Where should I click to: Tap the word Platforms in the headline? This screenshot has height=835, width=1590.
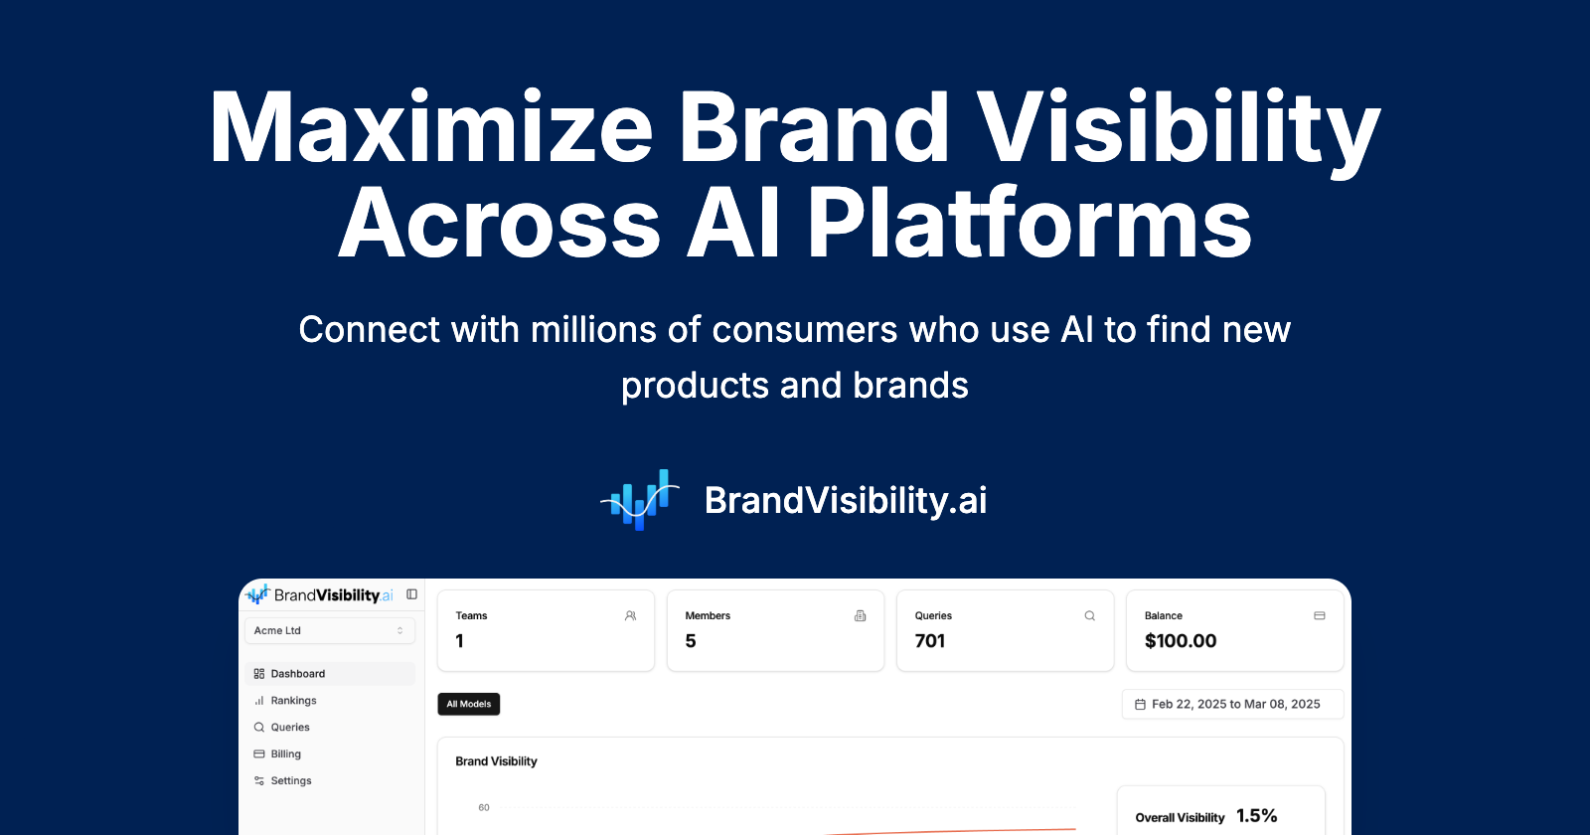click(x=1029, y=224)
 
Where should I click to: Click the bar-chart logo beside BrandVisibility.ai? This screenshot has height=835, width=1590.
click(x=640, y=500)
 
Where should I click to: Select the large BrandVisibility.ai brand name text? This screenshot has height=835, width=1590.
click(x=845, y=501)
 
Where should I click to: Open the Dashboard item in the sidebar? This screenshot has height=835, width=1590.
click(x=297, y=674)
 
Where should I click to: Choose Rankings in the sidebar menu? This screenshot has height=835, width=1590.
click(x=293, y=701)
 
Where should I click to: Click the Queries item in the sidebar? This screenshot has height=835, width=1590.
click(x=290, y=728)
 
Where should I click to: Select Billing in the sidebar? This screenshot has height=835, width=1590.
click(x=285, y=754)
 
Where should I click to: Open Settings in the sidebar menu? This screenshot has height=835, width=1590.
click(x=290, y=781)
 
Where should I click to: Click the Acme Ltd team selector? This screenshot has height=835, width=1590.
click(x=329, y=630)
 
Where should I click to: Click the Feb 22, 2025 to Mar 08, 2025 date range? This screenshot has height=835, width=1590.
click(x=1234, y=704)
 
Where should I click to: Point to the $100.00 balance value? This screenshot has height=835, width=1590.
click(x=1181, y=641)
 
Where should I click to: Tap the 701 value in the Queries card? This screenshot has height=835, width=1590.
click(x=930, y=641)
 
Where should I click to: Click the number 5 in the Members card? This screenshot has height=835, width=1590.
click(x=691, y=641)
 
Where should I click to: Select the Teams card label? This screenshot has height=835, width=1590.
click(x=471, y=616)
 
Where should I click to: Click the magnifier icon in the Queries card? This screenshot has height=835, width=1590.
click(x=1089, y=616)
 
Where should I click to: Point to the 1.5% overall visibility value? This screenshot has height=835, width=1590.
click(x=1256, y=816)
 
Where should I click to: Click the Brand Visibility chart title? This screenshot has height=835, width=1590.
click(x=496, y=761)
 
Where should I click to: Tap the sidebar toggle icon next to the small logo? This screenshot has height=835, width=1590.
click(x=411, y=594)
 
